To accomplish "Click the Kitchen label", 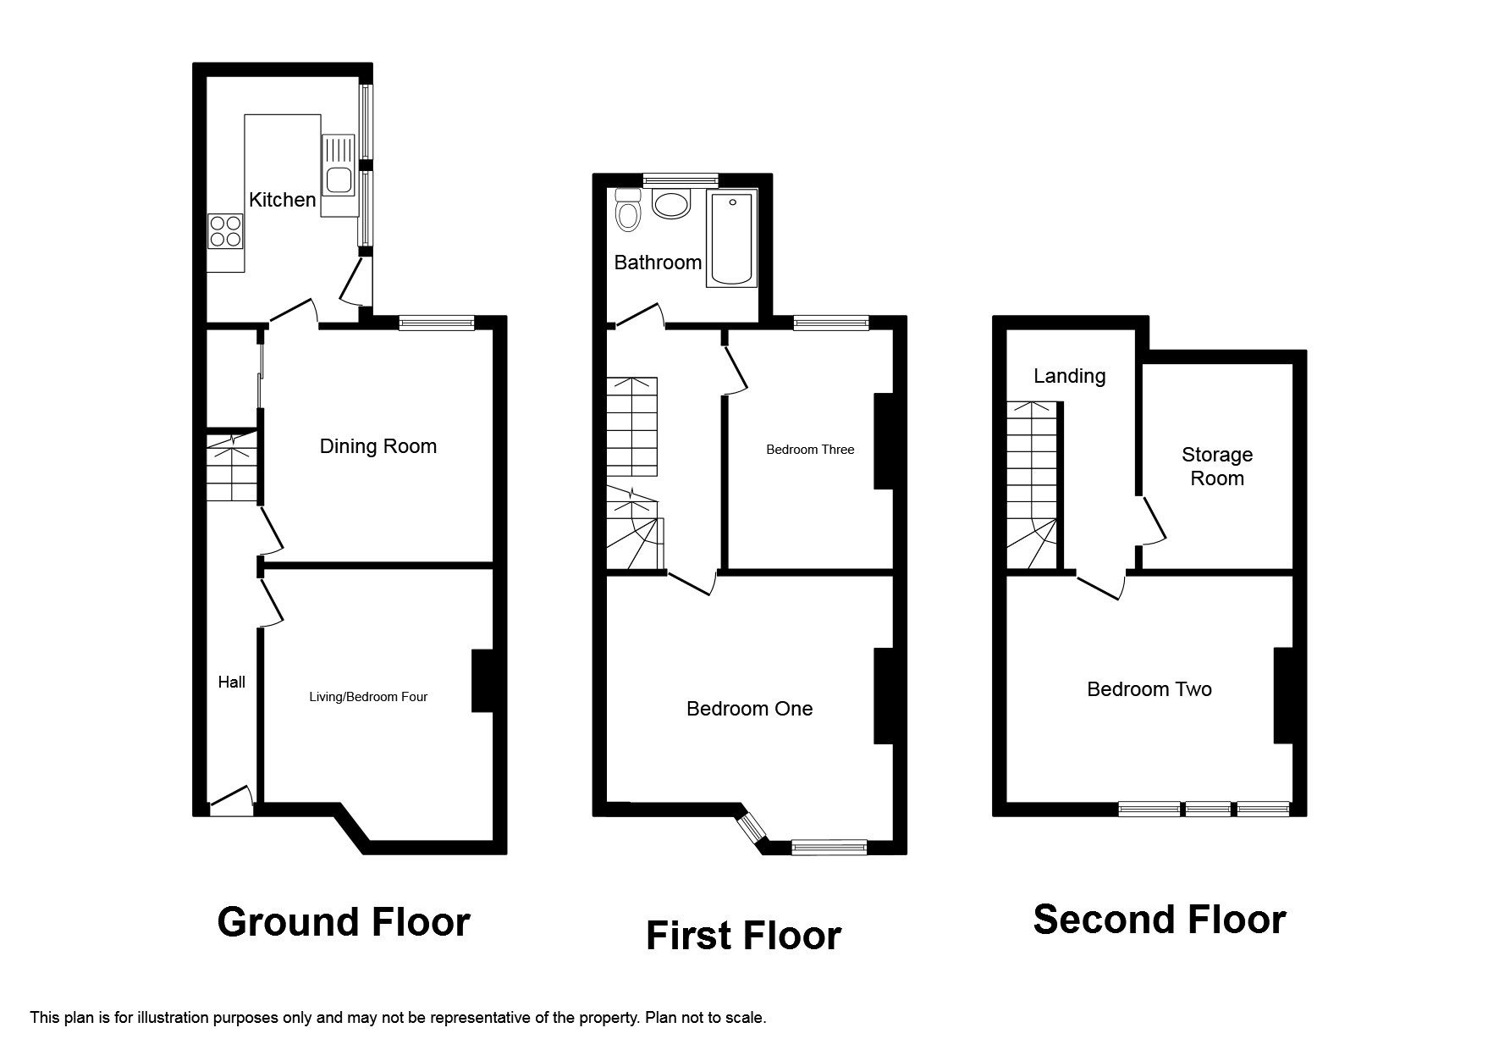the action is pos(282,200).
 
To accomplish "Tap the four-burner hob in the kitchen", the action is pos(225,230).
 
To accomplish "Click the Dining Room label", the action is pos(378,446).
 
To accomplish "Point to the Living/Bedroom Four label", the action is pos(368,697).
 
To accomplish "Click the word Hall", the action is pos(232,682).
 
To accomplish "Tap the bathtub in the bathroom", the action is pos(731,238).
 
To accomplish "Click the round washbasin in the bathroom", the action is pos(672,204).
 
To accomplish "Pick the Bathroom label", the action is pos(658,262).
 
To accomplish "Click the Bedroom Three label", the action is pos(810,450).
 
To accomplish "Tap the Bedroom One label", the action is pos(749,709).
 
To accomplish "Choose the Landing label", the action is pos(1069,376).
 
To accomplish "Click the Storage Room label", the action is pos(1217,467).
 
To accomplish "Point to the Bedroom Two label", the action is pos(1149,689).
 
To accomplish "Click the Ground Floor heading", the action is pos(344,922).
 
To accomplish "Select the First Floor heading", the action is pos(743,936).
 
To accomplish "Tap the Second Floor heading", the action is pos(1160,919).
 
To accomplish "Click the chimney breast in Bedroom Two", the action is pos(1284,695).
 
